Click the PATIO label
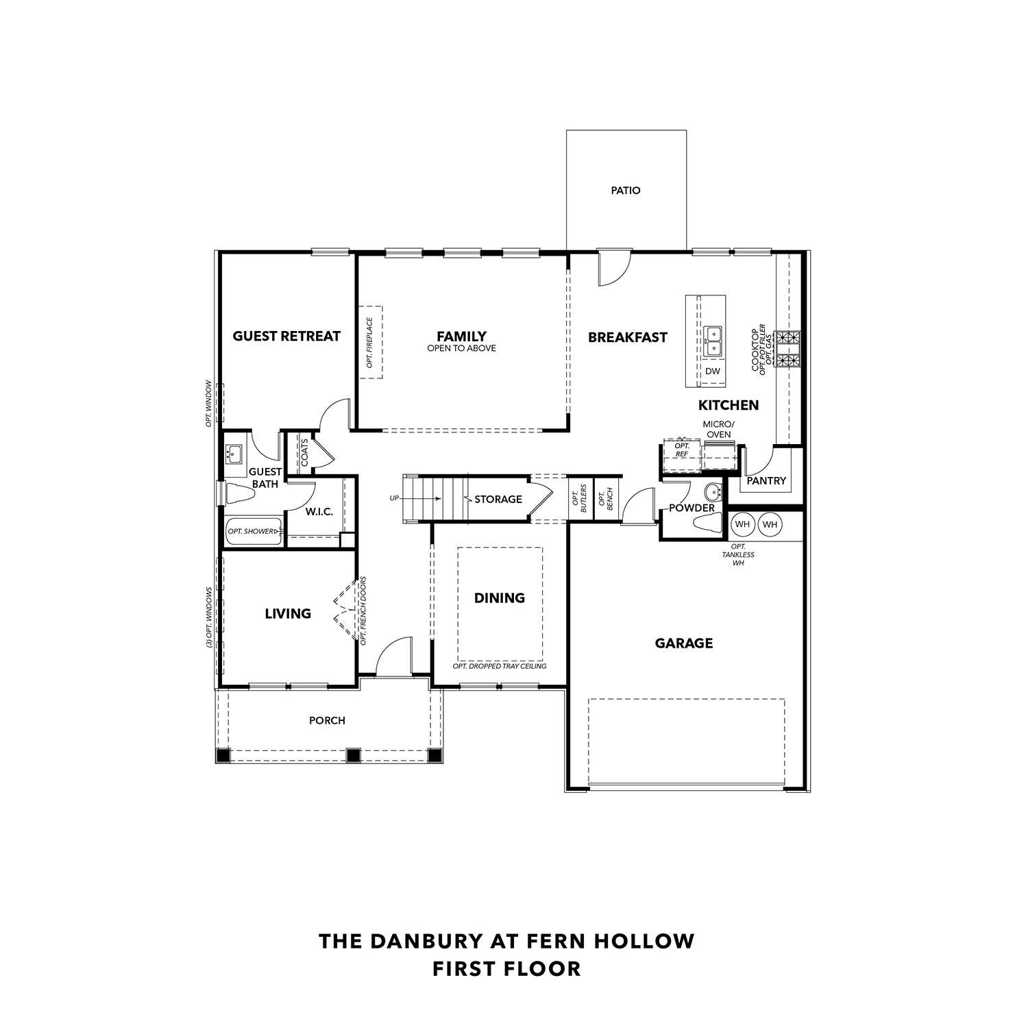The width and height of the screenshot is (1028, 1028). click(x=625, y=191)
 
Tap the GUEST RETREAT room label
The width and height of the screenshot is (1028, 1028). click(x=286, y=336)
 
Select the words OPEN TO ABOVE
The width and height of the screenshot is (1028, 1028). click(x=461, y=348)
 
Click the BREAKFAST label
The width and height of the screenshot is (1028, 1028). click(x=627, y=337)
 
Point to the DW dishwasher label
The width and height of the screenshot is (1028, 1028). click(x=713, y=371)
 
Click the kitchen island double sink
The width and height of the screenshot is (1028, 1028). click(x=713, y=341)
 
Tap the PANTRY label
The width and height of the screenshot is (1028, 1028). click(x=766, y=481)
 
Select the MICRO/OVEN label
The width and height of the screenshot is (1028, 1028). click(x=718, y=429)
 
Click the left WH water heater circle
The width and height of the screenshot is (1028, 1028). click(x=742, y=525)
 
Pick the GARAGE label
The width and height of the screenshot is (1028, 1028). click(x=683, y=643)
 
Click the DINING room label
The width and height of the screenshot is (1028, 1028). click(x=500, y=598)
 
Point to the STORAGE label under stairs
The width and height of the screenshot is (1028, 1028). click(x=498, y=499)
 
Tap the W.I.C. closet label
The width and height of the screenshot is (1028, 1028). click(x=319, y=512)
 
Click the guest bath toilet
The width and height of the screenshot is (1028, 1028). click(x=236, y=493)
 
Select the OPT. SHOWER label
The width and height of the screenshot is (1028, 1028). click(x=251, y=531)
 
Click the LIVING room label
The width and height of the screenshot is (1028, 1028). click(x=288, y=613)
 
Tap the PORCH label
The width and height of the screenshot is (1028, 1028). click(x=327, y=720)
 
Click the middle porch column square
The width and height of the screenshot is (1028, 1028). click(x=353, y=755)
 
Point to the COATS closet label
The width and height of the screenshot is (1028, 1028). click(x=304, y=453)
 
